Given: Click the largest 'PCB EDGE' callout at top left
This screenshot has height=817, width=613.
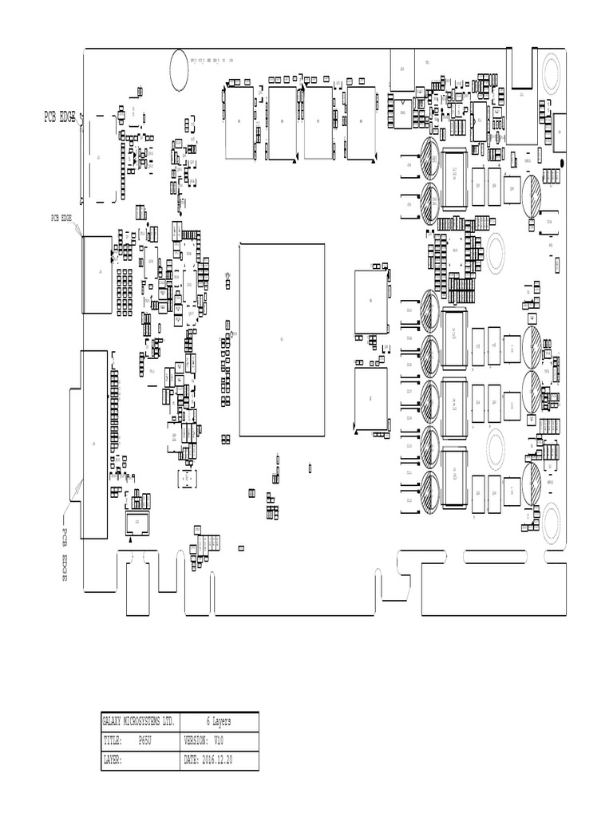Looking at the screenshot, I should pyautogui.click(x=60, y=117).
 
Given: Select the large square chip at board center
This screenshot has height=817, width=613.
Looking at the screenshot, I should pyautogui.click(x=282, y=340).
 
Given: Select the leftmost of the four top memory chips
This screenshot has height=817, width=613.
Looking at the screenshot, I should pyautogui.click(x=239, y=122).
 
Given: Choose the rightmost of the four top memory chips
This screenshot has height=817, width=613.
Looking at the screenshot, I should pyautogui.click(x=362, y=122).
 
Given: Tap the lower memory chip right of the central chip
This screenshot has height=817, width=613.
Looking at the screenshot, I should pyautogui.click(x=370, y=397).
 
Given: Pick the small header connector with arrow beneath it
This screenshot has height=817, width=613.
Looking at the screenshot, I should pyautogui.click(x=136, y=523).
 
